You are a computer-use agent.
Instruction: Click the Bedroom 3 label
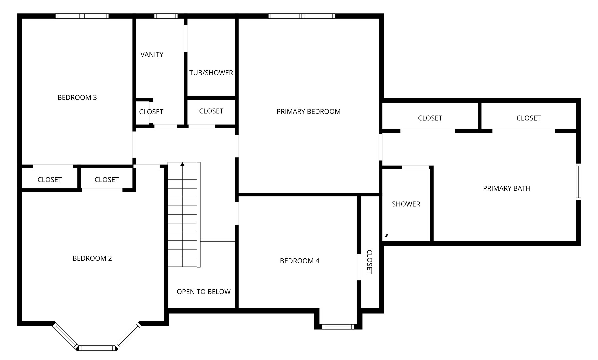pos(77,97)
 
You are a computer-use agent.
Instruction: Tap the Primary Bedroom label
pos(308,112)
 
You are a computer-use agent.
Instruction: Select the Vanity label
pos(152,55)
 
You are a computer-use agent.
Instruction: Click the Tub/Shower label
pos(211,73)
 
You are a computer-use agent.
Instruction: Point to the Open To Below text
pos(203,292)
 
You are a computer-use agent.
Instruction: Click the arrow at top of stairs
pos(182,164)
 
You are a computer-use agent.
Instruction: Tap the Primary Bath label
pos(506,188)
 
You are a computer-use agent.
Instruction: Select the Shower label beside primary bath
pos(406,204)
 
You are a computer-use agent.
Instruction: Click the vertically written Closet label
pos(369,262)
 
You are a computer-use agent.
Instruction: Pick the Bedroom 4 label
pos(299,261)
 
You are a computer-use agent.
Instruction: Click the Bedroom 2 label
pos(92,258)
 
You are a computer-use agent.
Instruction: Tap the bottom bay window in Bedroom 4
pos(338,327)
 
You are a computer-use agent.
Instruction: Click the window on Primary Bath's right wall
pos(579,182)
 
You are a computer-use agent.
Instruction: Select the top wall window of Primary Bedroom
pos(301,16)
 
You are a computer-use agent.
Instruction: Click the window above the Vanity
pos(166,16)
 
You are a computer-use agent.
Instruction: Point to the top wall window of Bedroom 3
pos(82,16)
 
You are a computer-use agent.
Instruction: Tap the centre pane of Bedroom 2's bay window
pos(97,348)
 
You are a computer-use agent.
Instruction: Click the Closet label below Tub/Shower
pos(211,111)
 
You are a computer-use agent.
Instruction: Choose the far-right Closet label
pos(528,118)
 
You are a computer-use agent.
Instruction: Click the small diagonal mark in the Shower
pos(387,236)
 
